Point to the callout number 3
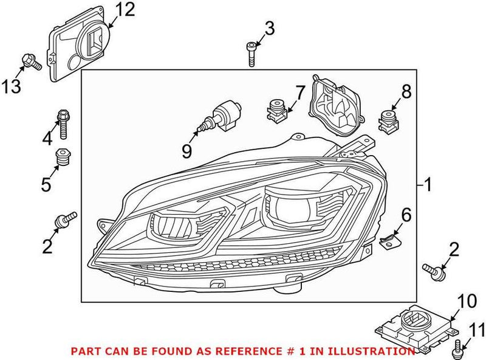269,28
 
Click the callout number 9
187,150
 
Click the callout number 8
405,92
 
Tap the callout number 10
467,300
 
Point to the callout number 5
46,184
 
